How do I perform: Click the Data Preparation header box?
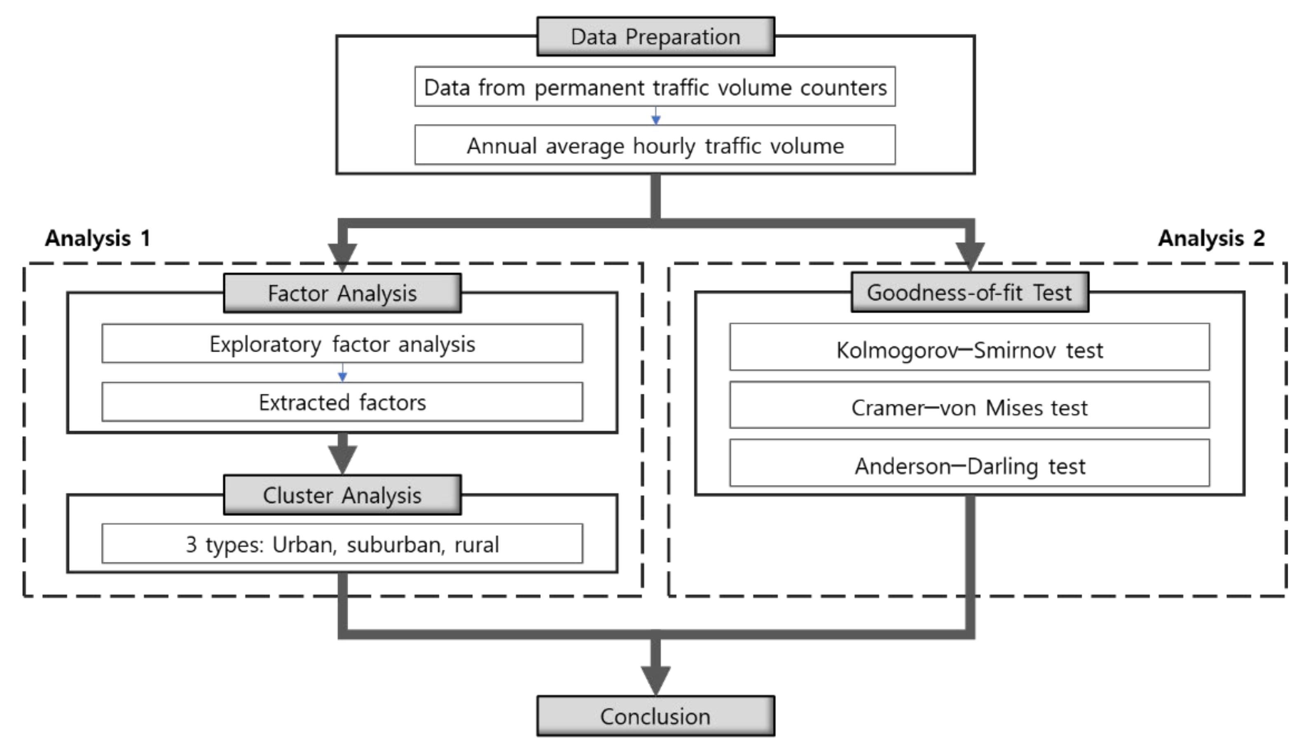click(x=655, y=37)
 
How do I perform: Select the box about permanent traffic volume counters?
click(x=655, y=87)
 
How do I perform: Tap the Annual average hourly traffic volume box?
click(x=655, y=145)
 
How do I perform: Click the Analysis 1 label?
click(x=98, y=239)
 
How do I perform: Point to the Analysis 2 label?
click(x=1211, y=239)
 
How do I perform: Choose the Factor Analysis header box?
click(x=342, y=293)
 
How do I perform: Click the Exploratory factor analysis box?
click(x=342, y=344)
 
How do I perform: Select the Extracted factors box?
click(x=342, y=402)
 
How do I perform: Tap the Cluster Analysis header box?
click(x=342, y=495)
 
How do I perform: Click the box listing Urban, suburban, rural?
click(x=342, y=544)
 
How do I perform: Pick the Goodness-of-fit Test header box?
click(x=970, y=292)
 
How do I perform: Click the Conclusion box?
click(x=655, y=716)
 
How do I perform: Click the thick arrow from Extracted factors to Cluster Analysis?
click(x=342, y=454)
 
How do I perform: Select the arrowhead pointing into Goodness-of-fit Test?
click(x=970, y=255)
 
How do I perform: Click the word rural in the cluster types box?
click(x=476, y=545)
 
